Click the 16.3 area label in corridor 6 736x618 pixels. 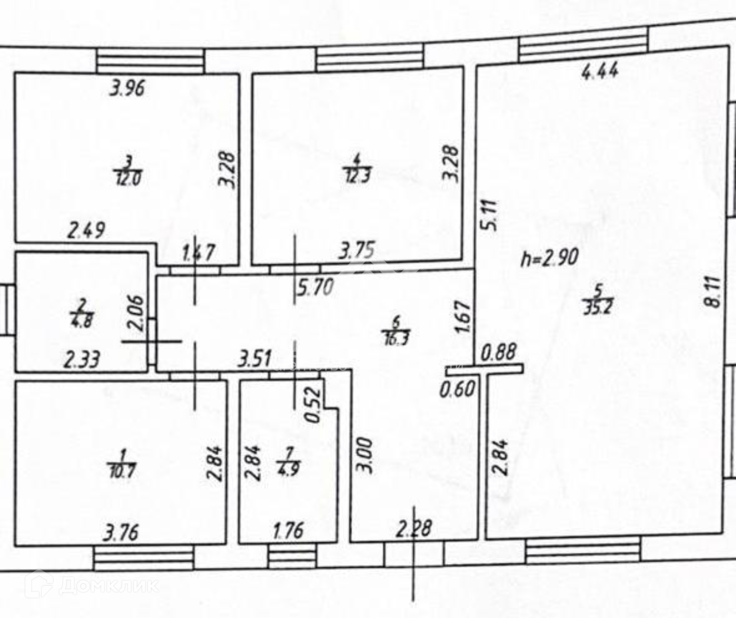tap(397, 338)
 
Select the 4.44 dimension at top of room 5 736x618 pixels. tap(600, 72)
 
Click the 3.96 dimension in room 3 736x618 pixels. tap(127, 89)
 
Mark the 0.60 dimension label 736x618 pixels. tap(457, 390)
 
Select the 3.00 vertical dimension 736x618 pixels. tap(366, 456)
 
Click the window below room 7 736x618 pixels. tap(292, 556)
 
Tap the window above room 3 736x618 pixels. tap(150, 61)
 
